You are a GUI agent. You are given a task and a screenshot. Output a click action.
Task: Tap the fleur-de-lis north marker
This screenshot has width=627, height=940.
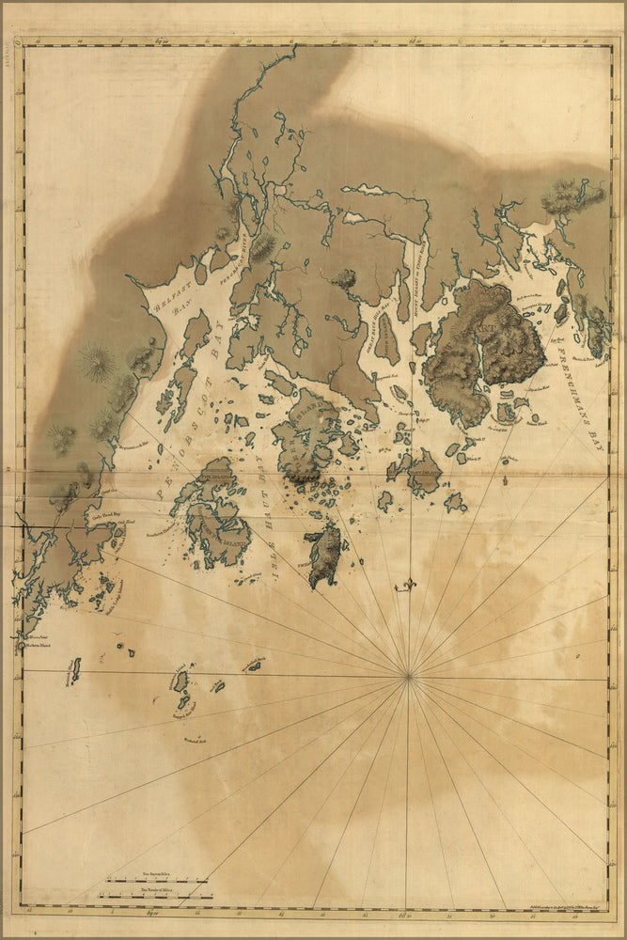[408, 585]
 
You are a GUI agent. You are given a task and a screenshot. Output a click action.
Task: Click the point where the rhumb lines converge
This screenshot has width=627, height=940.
[408, 675]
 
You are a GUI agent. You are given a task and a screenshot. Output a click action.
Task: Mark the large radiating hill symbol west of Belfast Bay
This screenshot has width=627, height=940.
[97, 362]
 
